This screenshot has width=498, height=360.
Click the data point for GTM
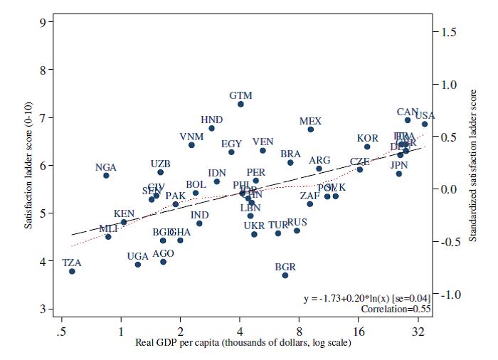[x=240, y=104]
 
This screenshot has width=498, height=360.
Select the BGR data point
[x=285, y=275]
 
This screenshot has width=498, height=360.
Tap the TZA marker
[x=72, y=271]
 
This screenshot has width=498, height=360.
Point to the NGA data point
[x=106, y=175]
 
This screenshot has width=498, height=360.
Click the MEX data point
[x=310, y=129]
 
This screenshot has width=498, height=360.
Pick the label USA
[x=425, y=115]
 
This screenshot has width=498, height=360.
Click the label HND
[x=211, y=120]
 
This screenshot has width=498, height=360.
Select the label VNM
[x=191, y=137]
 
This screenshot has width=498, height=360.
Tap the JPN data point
[x=399, y=174]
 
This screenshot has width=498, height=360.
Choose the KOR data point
[x=367, y=147]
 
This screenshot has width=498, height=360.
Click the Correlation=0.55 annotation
[x=392, y=309]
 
